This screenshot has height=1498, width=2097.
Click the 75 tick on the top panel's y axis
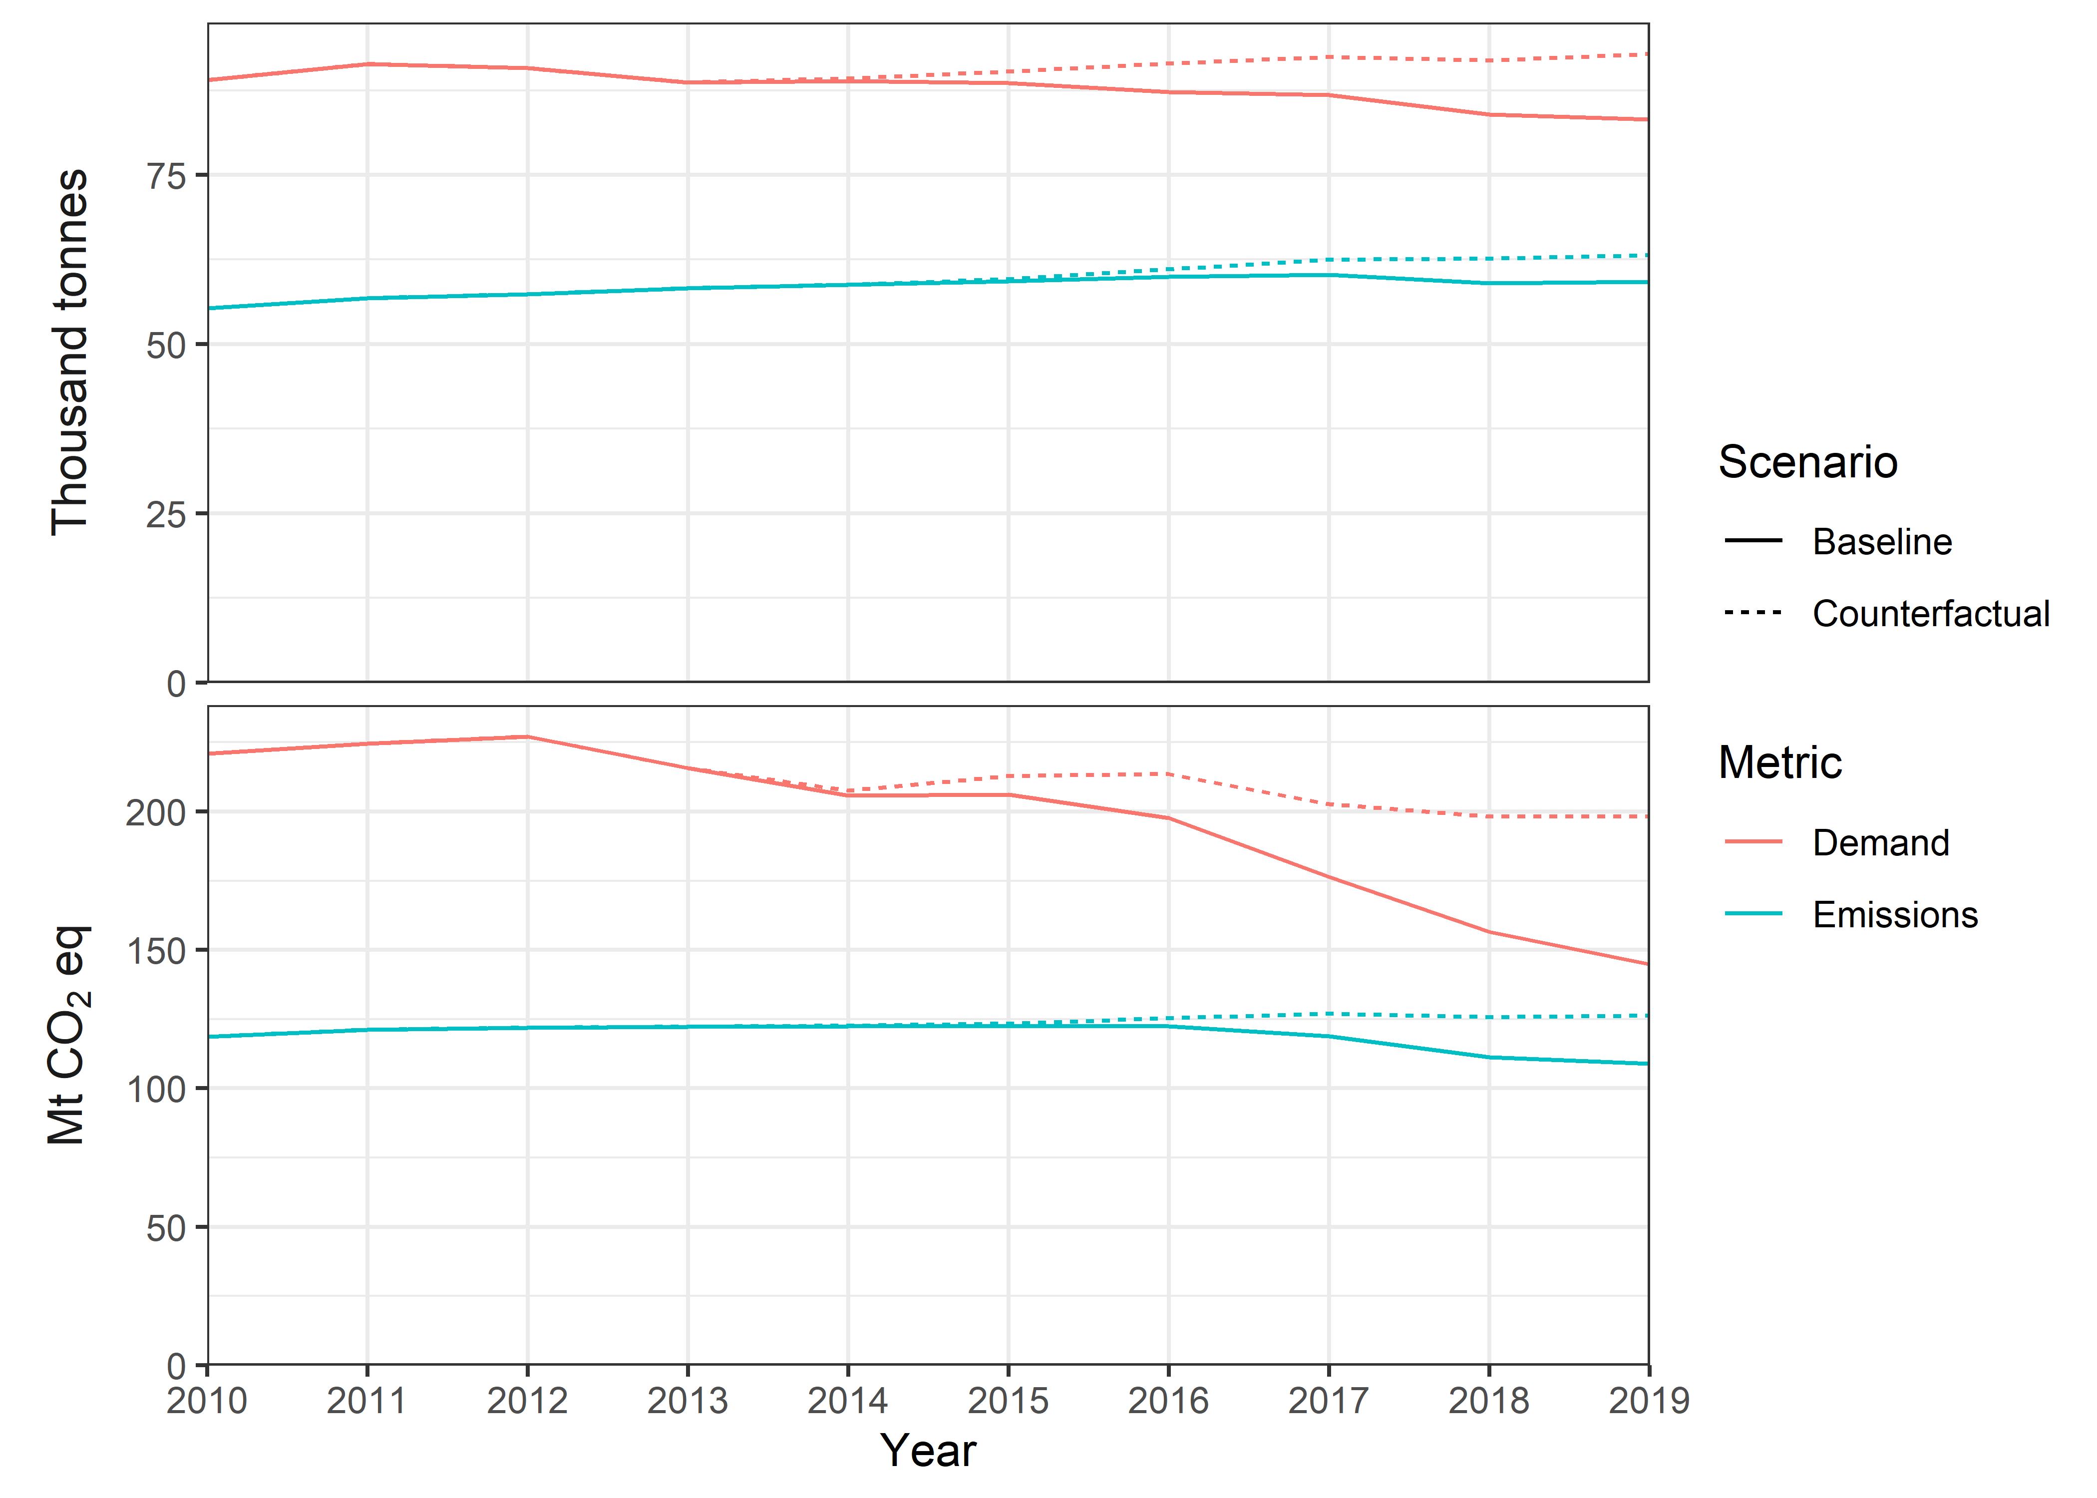click(166, 175)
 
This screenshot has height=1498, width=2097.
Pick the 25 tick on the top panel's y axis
click(166, 514)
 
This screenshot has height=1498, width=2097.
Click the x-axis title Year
click(928, 1451)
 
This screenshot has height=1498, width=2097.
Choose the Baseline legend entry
click(1881, 541)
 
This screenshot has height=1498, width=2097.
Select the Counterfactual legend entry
click(1930, 613)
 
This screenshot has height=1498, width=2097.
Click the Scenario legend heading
click(1807, 462)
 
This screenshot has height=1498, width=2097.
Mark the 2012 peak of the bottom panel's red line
click(527, 737)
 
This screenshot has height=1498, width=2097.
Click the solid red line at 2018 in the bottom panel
click(1488, 932)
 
